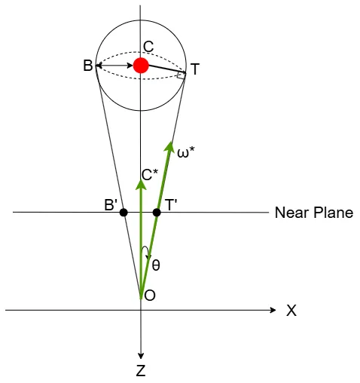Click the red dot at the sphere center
(x=141, y=66)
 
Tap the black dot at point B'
(x=124, y=213)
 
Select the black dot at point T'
(x=157, y=213)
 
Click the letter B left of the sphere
(x=88, y=66)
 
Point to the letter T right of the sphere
(x=195, y=69)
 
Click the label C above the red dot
(x=148, y=47)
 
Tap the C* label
(x=150, y=175)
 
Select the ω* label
(x=186, y=152)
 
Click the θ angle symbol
(x=156, y=265)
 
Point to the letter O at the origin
(x=150, y=296)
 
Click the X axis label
(x=291, y=311)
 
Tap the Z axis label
(x=141, y=371)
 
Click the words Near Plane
(x=314, y=213)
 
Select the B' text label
(x=111, y=205)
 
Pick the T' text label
(x=171, y=205)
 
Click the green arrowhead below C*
(x=141, y=184)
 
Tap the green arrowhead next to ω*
(x=169, y=146)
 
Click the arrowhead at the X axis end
(x=273, y=310)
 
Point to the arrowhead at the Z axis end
(x=141, y=356)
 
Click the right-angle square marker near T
(x=181, y=75)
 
